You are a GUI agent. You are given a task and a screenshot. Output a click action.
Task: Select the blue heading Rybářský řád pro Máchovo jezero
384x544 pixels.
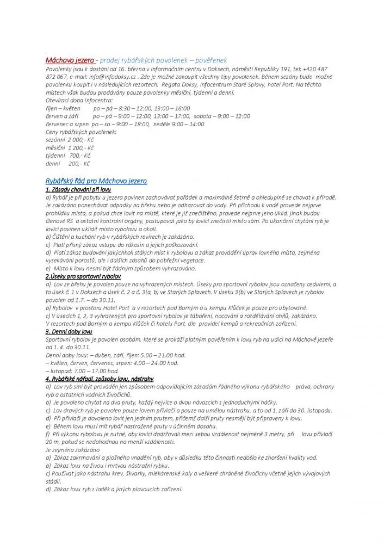(96, 180)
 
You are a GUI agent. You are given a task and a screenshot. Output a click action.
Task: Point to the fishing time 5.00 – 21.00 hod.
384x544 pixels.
(148, 355)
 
